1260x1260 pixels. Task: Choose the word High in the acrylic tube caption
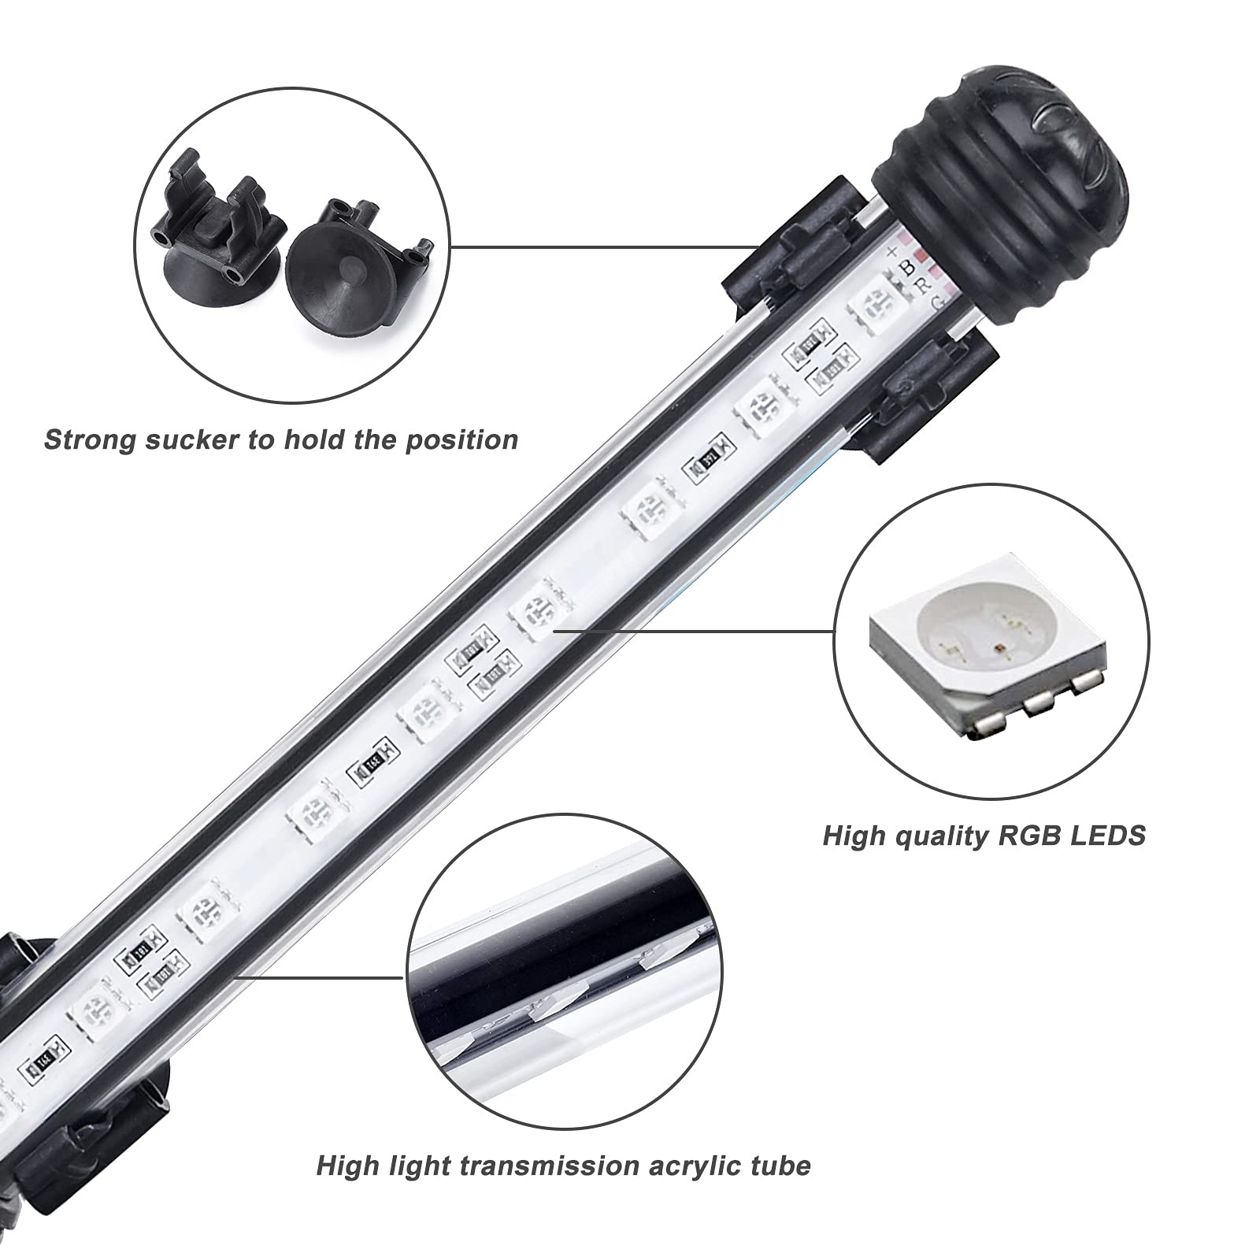point(346,1165)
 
